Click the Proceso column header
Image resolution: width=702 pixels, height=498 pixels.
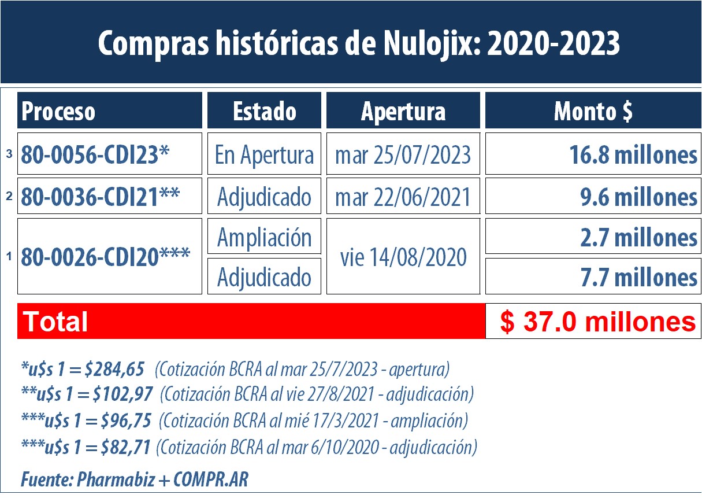(x=110, y=111)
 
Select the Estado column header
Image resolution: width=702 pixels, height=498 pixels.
(x=264, y=111)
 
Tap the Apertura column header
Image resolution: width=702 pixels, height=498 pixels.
(x=403, y=111)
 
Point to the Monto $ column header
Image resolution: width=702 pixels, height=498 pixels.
(x=593, y=111)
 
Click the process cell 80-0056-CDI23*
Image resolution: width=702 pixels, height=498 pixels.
(x=110, y=154)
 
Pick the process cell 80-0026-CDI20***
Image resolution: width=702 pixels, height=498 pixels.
(x=110, y=256)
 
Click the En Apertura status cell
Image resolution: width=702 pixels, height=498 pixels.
(x=264, y=154)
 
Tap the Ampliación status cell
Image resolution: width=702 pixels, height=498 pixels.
(x=264, y=237)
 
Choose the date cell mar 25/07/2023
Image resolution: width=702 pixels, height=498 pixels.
(x=403, y=154)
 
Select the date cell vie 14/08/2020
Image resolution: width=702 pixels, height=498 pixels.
(x=403, y=256)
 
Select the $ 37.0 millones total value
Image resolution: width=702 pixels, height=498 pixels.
(x=597, y=322)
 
